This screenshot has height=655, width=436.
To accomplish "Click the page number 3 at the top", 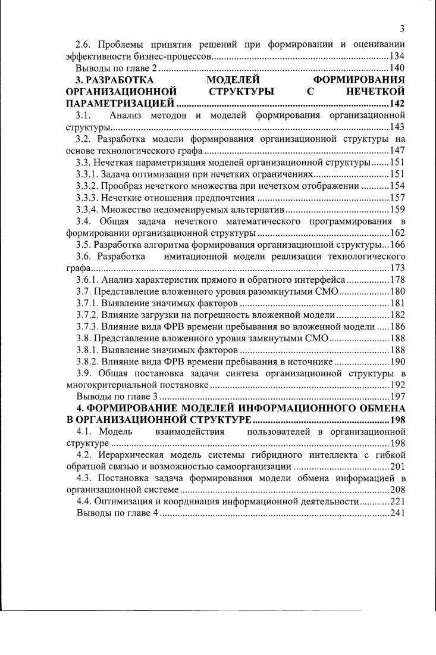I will (403, 29).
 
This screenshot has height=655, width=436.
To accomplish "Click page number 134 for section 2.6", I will (397, 56).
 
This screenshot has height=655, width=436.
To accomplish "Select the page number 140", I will (397, 68).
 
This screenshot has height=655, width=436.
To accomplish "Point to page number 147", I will (397, 151).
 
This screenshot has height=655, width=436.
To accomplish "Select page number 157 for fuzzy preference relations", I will (397, 198).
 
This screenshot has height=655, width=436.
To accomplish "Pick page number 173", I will (397, 268).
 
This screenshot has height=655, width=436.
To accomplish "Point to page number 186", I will (397, 327).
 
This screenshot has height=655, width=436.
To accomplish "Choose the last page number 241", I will (397, 514).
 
